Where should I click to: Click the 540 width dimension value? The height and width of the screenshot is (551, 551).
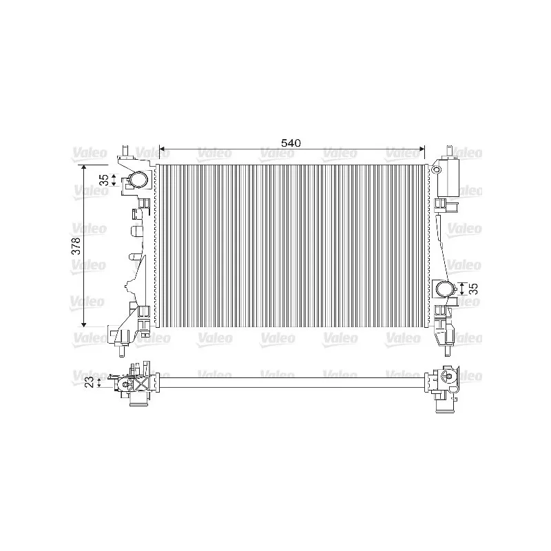click(x=291, y=143)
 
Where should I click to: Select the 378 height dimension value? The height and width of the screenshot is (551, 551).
click(x=76, y=246)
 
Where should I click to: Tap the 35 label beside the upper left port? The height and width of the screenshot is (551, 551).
click(x=105, y=180)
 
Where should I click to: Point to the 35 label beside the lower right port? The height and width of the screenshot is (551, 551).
click(x=473, y=289)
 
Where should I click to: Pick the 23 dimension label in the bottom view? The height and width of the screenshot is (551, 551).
click(x=90, y=382)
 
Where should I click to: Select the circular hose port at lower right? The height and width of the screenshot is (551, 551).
click(x=444, y=289)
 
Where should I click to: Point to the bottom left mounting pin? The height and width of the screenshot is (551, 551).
click(x=122, y=351)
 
